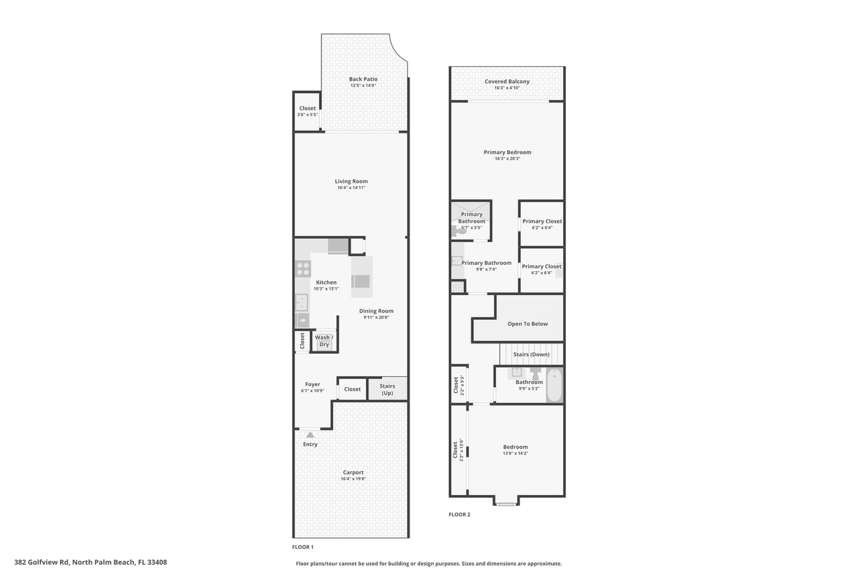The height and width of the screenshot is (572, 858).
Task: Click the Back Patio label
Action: coord(363,79)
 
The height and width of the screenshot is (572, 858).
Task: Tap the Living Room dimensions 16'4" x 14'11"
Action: coord(351,188)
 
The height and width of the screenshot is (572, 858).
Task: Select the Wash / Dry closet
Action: coord(324,341)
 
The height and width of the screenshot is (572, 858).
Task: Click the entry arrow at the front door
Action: coord(310,435)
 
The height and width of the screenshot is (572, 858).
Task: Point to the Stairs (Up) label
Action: coord(387,389)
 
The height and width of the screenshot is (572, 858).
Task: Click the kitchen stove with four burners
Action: coord(303,269)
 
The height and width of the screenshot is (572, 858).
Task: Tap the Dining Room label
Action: coord(376,310)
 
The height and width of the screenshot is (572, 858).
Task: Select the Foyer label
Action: coord(312,384)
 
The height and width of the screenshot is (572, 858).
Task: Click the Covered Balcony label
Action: coord(507,81)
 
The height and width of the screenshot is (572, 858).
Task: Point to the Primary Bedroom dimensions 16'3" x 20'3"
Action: coord(507,159)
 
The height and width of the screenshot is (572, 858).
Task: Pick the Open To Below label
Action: coord(528,324)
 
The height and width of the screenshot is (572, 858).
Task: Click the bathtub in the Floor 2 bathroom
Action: coord(554,386)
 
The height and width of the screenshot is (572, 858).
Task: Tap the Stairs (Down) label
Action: coord(531,354)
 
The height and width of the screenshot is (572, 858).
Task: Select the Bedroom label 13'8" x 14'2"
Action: coord(515,447)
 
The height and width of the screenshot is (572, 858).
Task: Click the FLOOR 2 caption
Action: coord(459,514)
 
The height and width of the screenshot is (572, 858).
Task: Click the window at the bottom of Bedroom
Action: coord(506,503)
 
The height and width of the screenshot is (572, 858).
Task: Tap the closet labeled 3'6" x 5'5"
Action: coord(307,111)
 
